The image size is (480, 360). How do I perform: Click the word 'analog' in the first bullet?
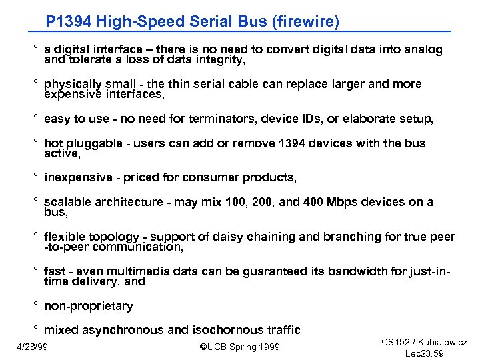pos(424,49)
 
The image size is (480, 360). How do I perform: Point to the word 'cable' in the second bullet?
pos(266,84)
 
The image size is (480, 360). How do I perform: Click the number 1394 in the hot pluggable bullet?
pos(295,143)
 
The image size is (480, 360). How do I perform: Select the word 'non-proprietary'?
pos(89,307)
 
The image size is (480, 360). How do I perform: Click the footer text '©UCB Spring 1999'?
pos(240,347)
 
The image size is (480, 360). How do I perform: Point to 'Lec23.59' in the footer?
pos(425,353)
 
